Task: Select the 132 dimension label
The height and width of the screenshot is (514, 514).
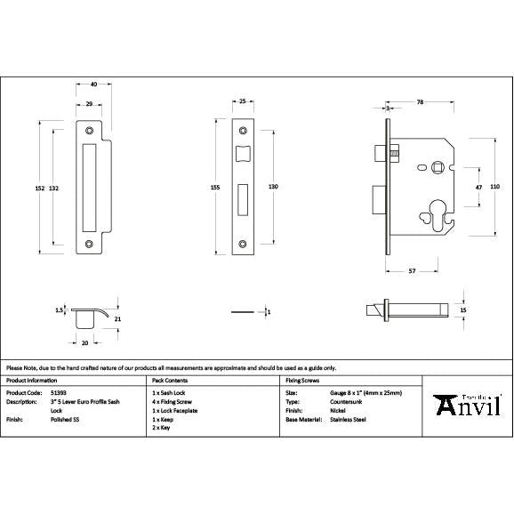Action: [54, 188]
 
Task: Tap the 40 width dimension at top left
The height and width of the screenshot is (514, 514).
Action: [93, 85]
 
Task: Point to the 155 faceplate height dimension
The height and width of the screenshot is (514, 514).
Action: [215, 188]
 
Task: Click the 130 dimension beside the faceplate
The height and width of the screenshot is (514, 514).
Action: [274, 188]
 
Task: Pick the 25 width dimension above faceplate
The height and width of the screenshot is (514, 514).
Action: [243, 102]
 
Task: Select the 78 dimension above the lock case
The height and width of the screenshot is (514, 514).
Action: [419, 102]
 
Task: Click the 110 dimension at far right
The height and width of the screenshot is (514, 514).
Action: [496, 188]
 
